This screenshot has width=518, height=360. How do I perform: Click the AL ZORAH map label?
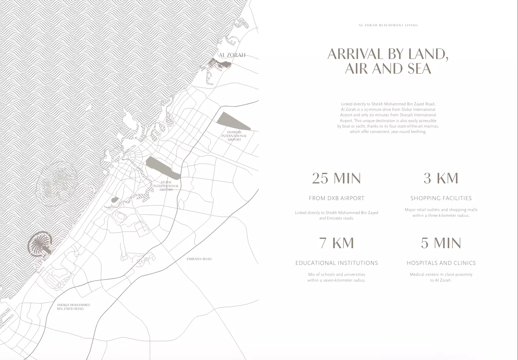[232, 55]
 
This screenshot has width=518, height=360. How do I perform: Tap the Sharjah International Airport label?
[234, 136]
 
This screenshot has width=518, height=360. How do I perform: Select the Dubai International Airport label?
[166, 186]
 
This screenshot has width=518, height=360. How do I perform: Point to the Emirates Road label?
[199, 259]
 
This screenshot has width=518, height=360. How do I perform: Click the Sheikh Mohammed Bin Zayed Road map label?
[73, 307]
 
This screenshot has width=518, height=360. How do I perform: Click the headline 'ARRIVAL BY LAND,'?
[388, 54]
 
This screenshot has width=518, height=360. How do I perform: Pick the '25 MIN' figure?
[336, 178]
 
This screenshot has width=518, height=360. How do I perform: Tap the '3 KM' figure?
[441, 178]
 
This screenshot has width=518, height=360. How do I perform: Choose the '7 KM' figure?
[336, 243]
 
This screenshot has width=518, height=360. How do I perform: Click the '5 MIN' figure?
[441, 243]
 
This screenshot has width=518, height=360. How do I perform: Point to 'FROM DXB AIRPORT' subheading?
[336, 198]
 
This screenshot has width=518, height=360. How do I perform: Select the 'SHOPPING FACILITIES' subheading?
[441, 198]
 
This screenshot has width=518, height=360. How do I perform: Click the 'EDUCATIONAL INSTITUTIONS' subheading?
[336, 263]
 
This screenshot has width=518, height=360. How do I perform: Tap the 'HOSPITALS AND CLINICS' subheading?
[441, 263]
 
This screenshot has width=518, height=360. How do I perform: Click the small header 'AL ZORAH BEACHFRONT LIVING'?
[388, 25]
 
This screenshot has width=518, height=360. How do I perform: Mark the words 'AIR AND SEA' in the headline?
[388, 69]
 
